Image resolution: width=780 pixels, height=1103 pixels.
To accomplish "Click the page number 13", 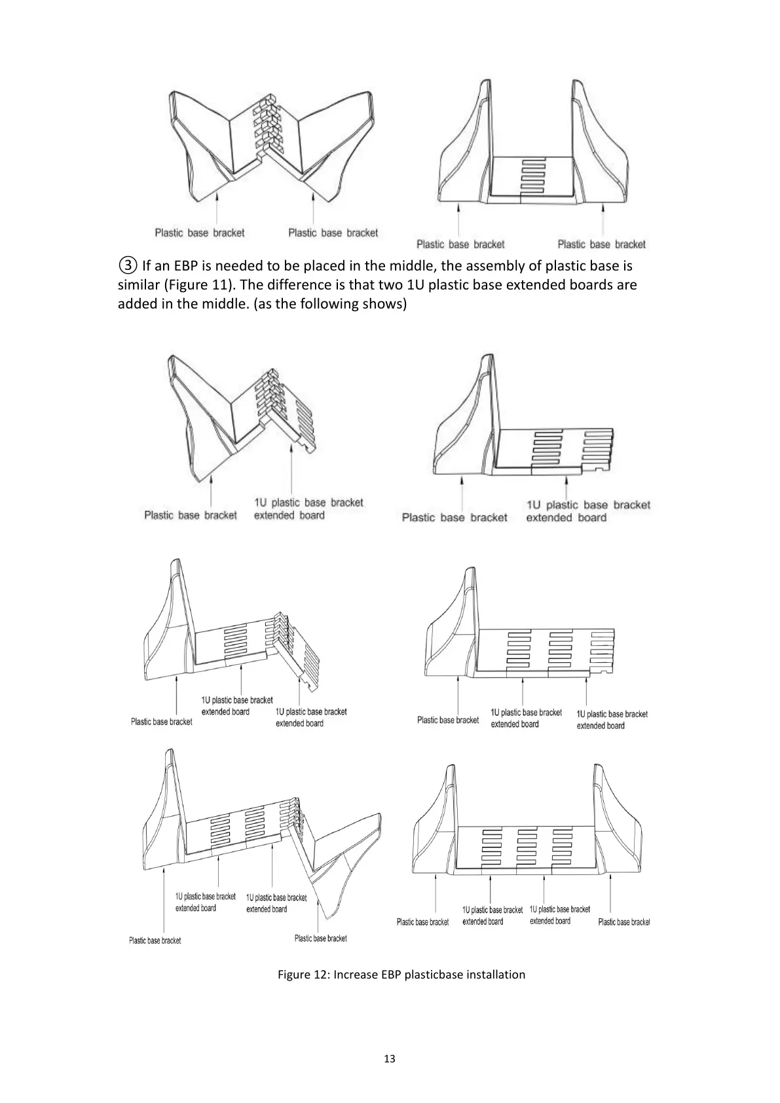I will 390,1059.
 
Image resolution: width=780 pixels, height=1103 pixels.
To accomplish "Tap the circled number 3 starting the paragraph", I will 128,266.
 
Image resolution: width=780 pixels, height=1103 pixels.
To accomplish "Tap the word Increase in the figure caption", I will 356,975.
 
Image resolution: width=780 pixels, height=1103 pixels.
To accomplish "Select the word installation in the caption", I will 496,975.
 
